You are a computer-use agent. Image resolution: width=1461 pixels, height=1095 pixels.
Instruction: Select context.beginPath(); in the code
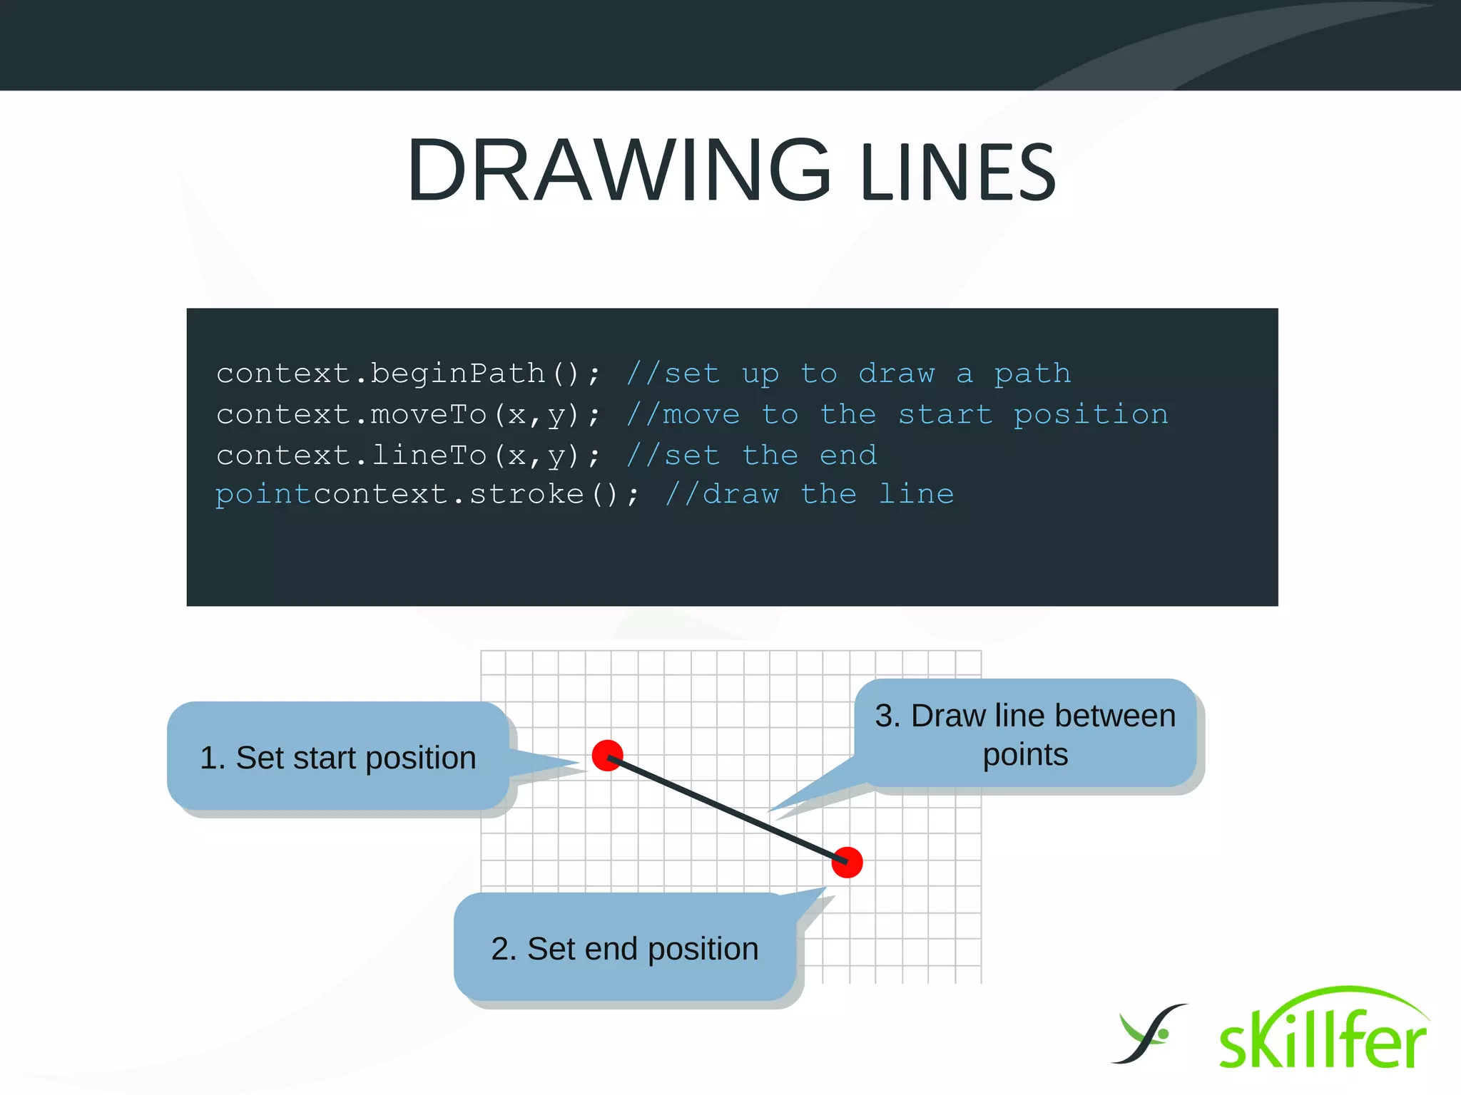[x=408, y=374]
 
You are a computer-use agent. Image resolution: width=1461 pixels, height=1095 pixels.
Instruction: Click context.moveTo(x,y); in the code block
[x=408, y=415]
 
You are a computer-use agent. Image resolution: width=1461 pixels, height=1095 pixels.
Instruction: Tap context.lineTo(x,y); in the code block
[x=408, y=456]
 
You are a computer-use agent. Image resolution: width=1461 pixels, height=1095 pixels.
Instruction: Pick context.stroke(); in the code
[x=477, y=494]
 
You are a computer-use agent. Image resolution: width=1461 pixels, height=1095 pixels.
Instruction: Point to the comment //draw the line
[x=809, y=494]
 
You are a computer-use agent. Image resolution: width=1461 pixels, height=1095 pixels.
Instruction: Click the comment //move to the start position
[x=897, y=415]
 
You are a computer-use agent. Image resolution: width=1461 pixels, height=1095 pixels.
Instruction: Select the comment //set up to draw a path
[x=848, y=374]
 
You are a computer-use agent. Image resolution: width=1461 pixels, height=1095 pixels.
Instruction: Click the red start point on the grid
[x=608, y=756]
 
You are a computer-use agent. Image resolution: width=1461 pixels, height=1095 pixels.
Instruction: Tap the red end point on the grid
[x=847, y=863]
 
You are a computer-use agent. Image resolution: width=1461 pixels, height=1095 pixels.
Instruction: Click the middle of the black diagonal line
[x=728, y=810]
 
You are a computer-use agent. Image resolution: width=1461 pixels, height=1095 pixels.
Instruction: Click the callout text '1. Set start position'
[x=338, y=758]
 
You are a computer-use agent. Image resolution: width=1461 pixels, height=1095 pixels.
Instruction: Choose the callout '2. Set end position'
[x=625, y=949]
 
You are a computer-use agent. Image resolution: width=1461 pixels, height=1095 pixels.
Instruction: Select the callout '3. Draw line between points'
[x=1025, y=734]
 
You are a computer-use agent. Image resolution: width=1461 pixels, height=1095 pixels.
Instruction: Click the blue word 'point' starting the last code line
[x=263, y=494]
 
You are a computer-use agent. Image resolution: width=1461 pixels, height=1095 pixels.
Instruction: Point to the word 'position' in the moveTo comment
[x=1091, y=415]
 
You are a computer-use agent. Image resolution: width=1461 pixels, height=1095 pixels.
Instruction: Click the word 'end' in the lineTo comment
[x=847, y=456]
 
